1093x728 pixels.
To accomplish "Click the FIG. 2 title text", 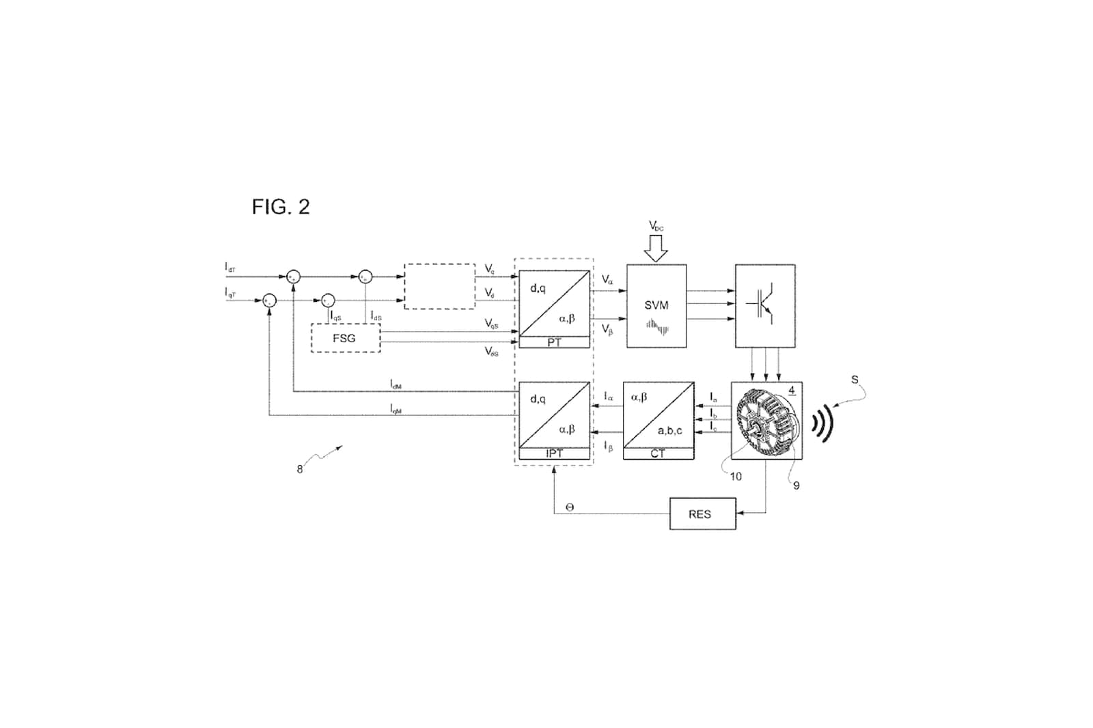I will click(x=281, y=207).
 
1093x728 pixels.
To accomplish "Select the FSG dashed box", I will click(x=345, y=338).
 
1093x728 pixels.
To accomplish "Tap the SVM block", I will click(x=656, y=306).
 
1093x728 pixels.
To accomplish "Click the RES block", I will click(x=702, y=514).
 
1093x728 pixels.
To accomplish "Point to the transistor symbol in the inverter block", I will click(x=764, y=305).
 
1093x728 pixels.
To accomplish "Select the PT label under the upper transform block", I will click(x=554, y=343).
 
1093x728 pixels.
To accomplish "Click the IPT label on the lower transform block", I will click(x=554, y=453).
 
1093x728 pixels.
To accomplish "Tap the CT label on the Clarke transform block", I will click(x=658, y=453).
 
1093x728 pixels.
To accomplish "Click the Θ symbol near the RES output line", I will click(x=570, y=507).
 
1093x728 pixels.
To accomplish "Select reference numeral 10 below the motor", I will click(x=735, y=477).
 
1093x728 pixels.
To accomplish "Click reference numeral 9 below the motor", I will click(x=796, y=486).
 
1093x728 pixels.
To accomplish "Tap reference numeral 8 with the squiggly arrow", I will click(x=300, y=469).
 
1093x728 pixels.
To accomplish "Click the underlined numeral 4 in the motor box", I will click(x=792, y=391).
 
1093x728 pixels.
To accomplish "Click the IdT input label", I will click(x=230, y=268).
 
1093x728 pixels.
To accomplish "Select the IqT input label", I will click(x=230, y=292).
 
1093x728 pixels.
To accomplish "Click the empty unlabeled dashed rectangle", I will click(x=439, y=286).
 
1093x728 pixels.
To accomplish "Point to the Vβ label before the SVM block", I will click(x=607, y=330).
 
